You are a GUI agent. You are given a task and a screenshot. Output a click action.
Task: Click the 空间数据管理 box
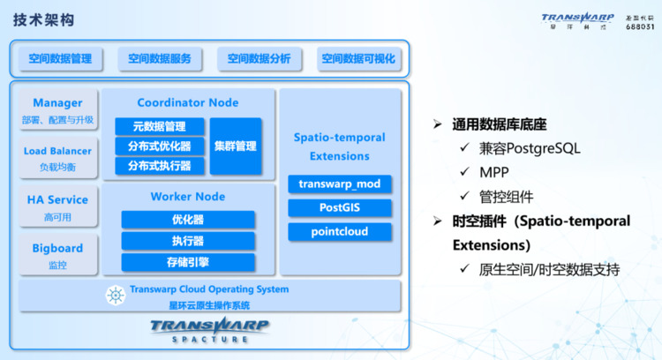[x=60, y=58]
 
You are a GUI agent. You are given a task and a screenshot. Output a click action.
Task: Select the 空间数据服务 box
[x=160, y=58]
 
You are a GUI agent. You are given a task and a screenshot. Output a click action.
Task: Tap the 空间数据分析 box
[x=260, y=58]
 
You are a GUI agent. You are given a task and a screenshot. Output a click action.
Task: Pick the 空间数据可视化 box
[x=358, y=58]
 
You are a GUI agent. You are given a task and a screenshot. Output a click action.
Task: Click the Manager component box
[x=58, y=109]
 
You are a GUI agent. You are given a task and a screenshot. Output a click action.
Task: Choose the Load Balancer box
[x=58, y=158]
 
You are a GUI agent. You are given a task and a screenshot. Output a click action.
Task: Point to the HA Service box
[x=58, y=206]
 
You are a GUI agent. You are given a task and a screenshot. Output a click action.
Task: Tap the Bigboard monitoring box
[x=58, y=255]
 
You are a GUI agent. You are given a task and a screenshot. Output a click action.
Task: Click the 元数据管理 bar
[x=160, y=126]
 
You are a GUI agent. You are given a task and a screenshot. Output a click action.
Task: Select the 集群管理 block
[x=236, y=146]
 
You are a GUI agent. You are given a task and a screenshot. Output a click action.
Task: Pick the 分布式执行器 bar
[x=160, y=166]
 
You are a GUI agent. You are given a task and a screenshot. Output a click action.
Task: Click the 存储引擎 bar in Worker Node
[x=188, y=262]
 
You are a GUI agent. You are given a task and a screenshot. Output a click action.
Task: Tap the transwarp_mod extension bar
[x=340, y=184]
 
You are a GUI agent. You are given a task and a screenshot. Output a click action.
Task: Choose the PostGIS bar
[x=340, y=207]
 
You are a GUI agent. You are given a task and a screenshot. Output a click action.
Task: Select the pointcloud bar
[x=340, y=232]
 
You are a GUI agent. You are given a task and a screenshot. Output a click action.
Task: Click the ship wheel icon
[x=116, y=296]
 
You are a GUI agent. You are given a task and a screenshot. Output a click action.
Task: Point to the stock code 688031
[x=640, y=26]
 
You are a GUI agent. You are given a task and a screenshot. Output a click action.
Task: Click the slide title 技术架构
[x=44, y=19]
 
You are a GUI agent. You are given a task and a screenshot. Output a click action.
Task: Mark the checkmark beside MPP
[x=464, y=171]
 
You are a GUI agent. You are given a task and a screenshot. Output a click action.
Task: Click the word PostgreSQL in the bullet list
[x=543, y=148]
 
